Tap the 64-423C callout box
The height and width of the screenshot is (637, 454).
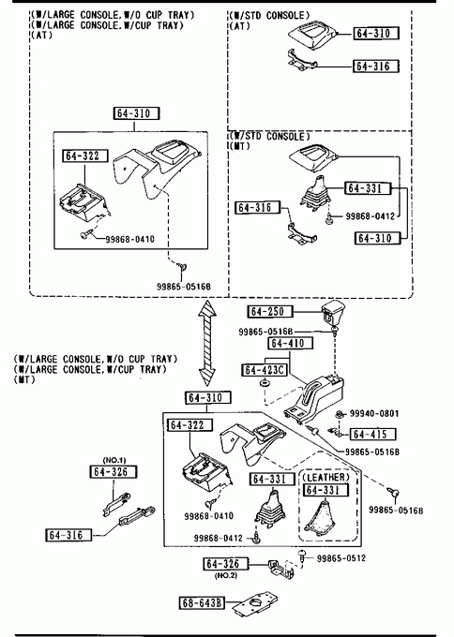click(x=265, y=370)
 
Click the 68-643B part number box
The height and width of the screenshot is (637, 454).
click(x=202, y=603)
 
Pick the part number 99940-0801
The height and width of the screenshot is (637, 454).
click(x=374, y=413)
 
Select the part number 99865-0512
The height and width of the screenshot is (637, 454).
click(x=340, y=558)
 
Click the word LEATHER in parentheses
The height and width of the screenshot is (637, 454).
click(x=325, y=478)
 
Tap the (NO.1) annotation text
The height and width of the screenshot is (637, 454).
click(x=114, y=460)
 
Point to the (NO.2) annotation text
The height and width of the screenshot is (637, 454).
click(x=225, y=576)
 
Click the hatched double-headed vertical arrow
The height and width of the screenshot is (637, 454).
click(x=207, y=343)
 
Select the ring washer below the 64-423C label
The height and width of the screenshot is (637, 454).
click(x=265, y=383)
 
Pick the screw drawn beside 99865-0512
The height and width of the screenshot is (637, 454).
click(x=302, y=556)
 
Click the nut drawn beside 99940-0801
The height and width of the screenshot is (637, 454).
click(x=339, y=414)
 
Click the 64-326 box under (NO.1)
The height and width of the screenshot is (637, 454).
click(x=113, y=471)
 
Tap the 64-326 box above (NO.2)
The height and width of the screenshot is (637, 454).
click(x=226, y=564)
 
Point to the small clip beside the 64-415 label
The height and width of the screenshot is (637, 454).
click(x=335, y=432)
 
